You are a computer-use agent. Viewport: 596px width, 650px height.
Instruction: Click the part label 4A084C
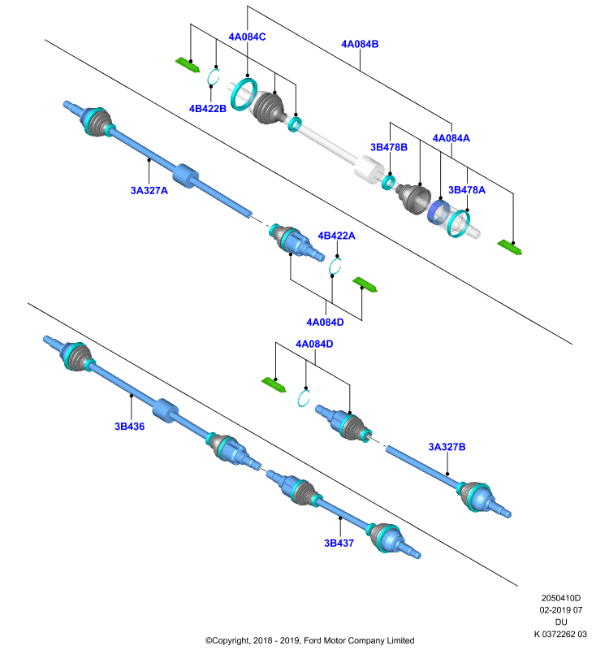click(247, 37)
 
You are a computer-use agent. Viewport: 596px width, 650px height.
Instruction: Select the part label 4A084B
click(360, 44)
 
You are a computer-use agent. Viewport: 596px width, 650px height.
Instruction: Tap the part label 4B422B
click(208, 109)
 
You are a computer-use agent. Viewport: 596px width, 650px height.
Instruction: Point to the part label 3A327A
click(149, 191)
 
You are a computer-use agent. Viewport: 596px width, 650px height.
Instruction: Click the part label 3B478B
click(388, 147)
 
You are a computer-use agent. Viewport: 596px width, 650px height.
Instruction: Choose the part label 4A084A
click(451, 138)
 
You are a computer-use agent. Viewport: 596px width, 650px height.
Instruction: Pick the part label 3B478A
click(467, 190)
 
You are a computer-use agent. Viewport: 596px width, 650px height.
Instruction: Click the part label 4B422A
click(336, 236)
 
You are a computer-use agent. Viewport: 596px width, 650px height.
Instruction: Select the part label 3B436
click(130, 427)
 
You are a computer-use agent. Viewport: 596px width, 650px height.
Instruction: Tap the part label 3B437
click(339, 543)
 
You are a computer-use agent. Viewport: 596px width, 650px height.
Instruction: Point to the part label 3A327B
click(447, 447)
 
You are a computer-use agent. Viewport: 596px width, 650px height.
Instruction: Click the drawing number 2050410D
click(561, 598)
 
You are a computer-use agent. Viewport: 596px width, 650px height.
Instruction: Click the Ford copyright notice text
click(310, 640)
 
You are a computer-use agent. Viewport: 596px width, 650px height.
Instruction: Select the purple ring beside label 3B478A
click(438, 212)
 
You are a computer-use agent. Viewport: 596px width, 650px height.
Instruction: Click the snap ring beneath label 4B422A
click(335, 266)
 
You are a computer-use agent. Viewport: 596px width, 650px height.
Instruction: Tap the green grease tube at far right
click(509, 247)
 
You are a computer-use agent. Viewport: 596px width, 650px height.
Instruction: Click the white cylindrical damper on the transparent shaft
click(369, 169)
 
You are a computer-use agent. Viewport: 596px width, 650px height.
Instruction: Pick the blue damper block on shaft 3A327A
click(185, 176)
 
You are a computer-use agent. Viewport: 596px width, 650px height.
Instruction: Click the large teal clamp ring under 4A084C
click(244, 93)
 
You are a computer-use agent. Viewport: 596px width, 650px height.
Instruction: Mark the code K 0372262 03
click(560, 634)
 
